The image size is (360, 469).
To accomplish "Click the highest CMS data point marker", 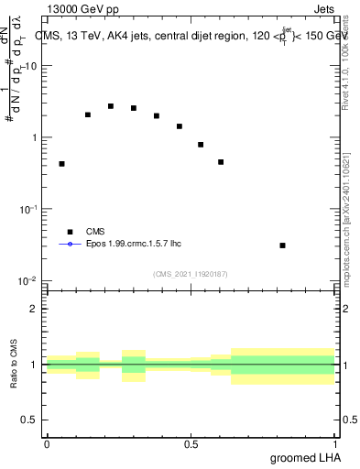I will coord(111,106).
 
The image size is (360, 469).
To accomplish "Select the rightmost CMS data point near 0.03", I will coord(282,245).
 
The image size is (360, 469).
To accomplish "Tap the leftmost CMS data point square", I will coord(61,164).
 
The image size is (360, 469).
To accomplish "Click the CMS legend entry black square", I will coord(70,232).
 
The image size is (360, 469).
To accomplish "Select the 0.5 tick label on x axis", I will coord(191,444).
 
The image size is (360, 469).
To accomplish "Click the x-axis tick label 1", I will coord(334,444).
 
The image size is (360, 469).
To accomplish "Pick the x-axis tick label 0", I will coord(47,444).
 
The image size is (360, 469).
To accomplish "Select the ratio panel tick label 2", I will coord(33,309).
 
